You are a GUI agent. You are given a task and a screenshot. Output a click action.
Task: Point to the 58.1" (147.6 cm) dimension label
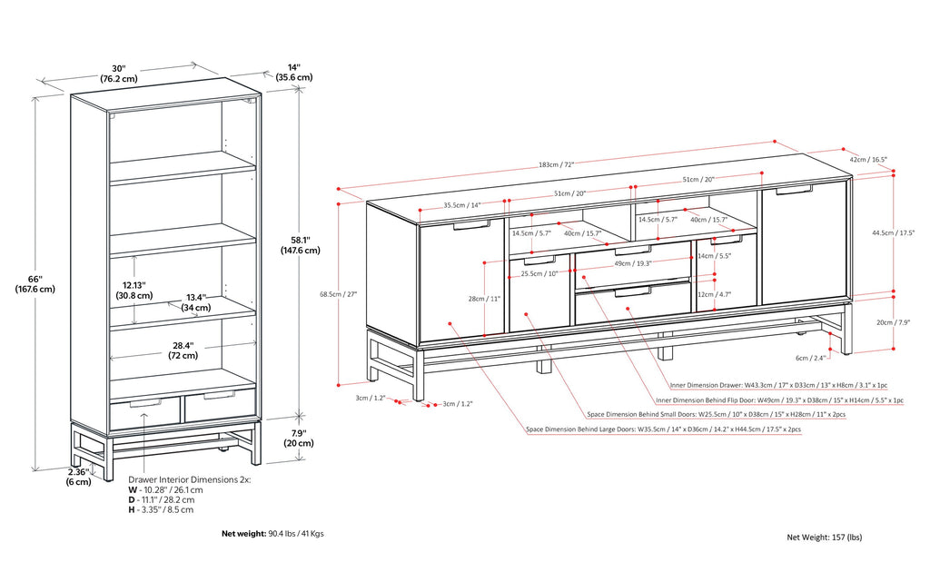pos(299,244)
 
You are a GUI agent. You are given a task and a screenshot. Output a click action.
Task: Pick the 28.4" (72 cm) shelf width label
pos(183,350)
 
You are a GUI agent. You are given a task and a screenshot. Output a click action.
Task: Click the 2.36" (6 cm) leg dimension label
pos(78,477)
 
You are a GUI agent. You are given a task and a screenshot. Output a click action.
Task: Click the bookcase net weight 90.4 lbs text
pos(272,534)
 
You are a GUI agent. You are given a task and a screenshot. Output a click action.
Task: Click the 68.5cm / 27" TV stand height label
pos(339,293)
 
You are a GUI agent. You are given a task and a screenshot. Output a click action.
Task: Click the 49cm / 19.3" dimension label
pos(633,264)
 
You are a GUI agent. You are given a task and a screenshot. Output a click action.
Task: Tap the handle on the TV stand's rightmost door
pos(795,191)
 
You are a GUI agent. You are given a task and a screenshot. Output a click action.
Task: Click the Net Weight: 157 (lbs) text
pos(824,538)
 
